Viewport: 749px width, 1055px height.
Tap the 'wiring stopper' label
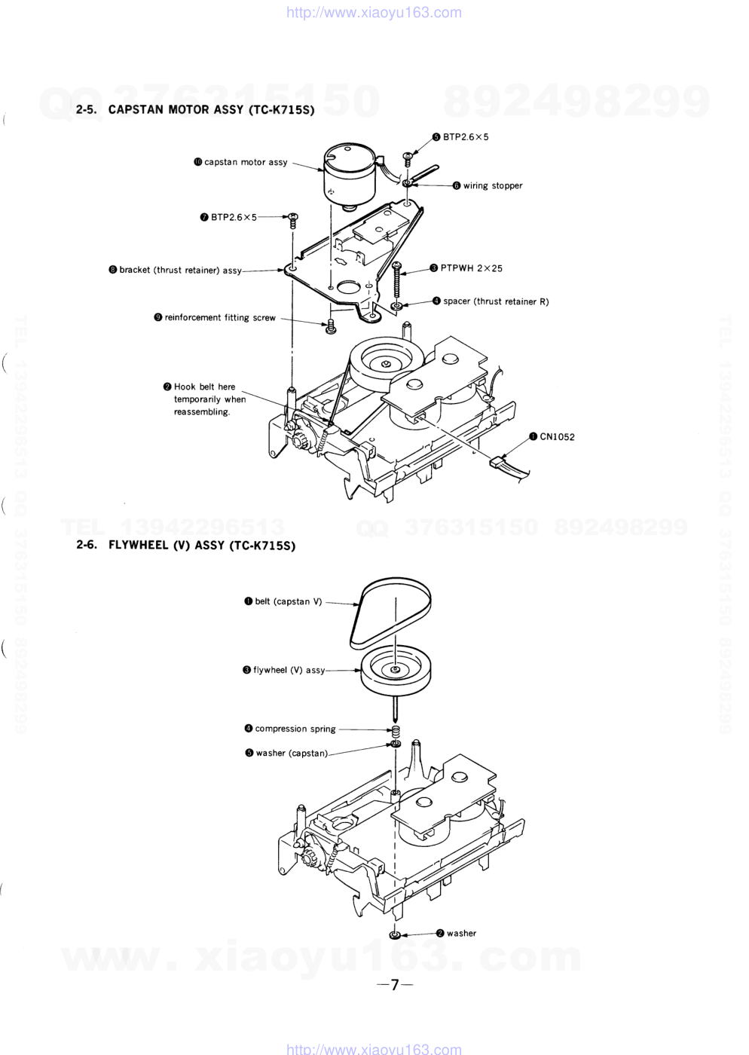click(x=493, y=185)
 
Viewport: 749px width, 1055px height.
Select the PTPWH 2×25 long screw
click(x=396, y=280)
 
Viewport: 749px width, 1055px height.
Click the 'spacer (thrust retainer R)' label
click(x=496, y=301)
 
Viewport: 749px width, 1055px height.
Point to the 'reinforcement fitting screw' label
click(x=220, y=317)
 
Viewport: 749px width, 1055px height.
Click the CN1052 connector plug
click(x=497, y=462)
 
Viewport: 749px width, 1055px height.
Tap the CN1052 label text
click(x=558, y=436)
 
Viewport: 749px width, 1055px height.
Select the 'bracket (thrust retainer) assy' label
click(x=180, y=271)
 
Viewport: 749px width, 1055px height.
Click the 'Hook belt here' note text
click(x=204, y=387)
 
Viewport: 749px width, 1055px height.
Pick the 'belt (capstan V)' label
click(x=289, y=601)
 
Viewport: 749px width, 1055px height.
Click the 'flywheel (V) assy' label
click(x=289, y=670)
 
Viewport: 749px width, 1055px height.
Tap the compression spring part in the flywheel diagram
click(x=396, y=730)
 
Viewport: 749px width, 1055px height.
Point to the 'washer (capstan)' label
click(x=292, y=753)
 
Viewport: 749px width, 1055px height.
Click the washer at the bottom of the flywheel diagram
click(x=395, y=935)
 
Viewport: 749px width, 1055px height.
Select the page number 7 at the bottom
click(x=395, y=985)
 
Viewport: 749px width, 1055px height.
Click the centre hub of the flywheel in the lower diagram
click(x=396, y=669)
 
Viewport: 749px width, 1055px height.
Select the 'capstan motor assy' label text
click(x=246, y=163)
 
